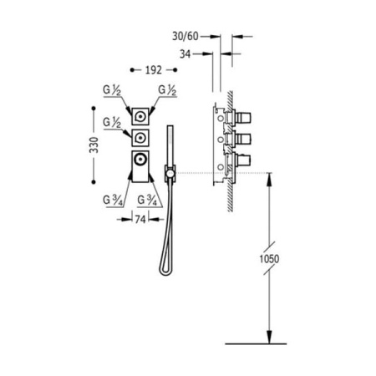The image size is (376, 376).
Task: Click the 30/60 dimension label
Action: pos(185,36)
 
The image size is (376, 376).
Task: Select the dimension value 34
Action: pos(185,54)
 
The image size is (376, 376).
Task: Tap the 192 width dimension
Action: pos(154,70)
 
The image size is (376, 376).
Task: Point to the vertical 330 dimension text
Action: pos(94,145)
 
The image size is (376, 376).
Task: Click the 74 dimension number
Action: pos(140,220)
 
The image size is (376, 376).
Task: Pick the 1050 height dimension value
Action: pos(269,259)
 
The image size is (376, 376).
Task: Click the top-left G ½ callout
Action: pos(112,90)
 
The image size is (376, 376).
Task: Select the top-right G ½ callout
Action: pos(167,90)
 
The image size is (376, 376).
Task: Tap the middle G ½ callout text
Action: pos(112,123)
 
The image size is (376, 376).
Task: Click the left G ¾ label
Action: pos(113,201)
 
